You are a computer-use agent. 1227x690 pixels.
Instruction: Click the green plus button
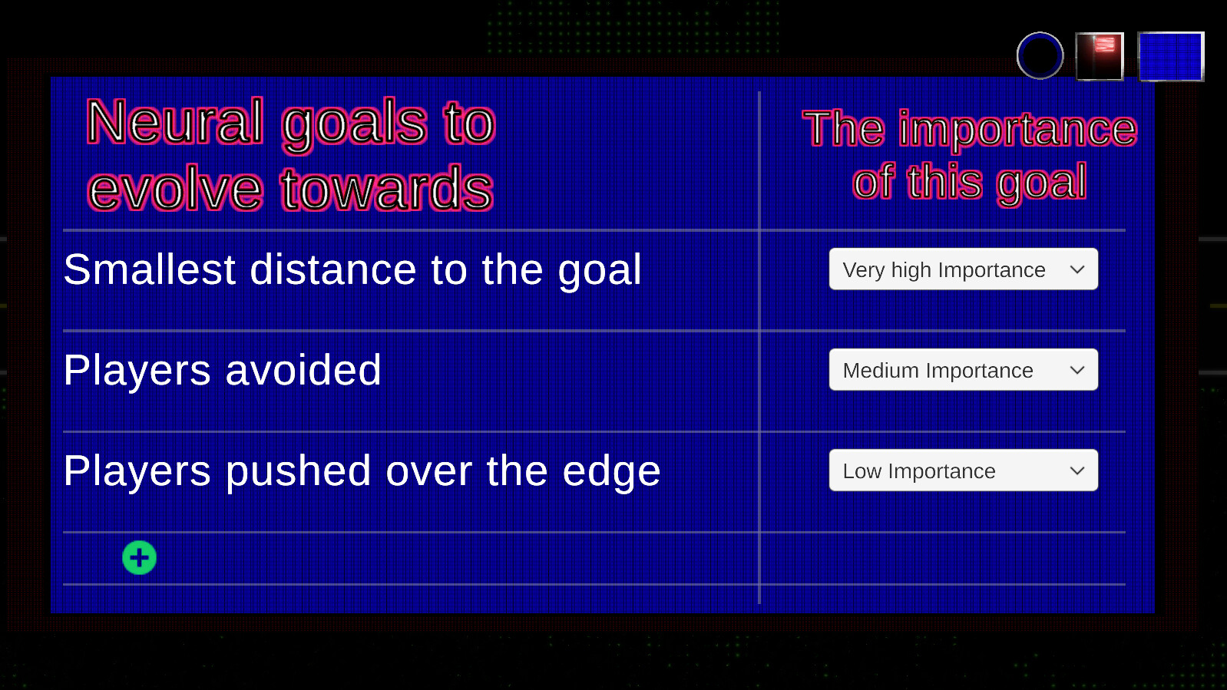point(139,557)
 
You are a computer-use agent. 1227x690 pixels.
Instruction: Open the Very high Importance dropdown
point(964,269)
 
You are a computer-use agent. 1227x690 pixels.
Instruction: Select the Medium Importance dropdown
point(964,370)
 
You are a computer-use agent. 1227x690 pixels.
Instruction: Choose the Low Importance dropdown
point(964,470)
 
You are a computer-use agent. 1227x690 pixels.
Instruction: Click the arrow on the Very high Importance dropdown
point(1077,269)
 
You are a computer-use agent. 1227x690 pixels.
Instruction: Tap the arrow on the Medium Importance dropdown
point(1077,370)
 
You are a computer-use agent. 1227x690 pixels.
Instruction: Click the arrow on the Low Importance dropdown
point(1077,471)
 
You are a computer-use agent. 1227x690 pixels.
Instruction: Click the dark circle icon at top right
point(1040,55)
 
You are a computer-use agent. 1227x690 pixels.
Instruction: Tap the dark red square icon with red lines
point(1100,56)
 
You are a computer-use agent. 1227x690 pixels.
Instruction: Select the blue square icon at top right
point(1171,56)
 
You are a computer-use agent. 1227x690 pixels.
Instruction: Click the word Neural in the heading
point(175,121)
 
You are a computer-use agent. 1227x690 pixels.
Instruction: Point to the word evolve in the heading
point(175,189)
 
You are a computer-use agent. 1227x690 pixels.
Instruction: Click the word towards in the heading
point(387,188)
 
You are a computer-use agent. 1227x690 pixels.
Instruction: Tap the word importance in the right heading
point(1017,129)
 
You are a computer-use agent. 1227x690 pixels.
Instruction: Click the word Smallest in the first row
point(150,269)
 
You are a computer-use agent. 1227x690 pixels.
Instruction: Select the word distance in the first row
point(333,269)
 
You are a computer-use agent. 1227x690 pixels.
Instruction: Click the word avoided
point(303,370)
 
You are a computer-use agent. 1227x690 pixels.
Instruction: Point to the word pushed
point(299,471)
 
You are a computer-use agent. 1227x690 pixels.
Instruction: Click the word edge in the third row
point(611,472)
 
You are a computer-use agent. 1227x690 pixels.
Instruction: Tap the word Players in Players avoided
point(137,371)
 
